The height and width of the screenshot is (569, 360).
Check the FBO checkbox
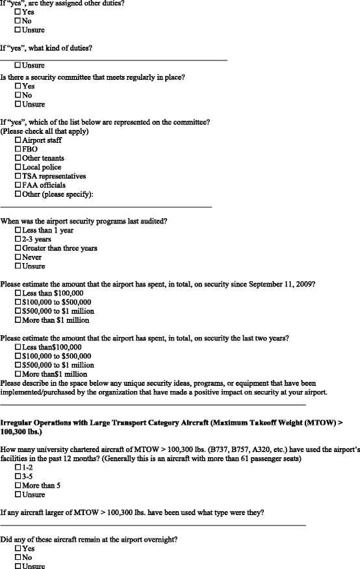[x=18, y=149]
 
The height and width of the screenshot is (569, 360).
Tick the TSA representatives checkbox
[x=18, y=176]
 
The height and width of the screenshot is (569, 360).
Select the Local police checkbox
[x=18, y=167]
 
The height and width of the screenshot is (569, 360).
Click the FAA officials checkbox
[x=18, y=185]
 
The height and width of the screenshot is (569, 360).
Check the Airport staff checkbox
[x=18, y=140]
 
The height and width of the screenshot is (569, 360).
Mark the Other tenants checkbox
[x=18, y=158]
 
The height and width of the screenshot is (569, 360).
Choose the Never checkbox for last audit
[x=18, y=257]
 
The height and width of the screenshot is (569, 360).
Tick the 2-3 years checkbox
[x=18, y=239]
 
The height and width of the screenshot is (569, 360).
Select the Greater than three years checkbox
[x=18, y=248]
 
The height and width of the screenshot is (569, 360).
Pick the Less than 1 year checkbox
[x=18, y=230]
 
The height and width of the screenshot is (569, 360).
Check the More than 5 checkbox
[x=18, y=485]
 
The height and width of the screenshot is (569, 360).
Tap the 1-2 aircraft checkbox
[x=18, y=467]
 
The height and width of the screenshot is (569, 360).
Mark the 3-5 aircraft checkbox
[x=18, y=476]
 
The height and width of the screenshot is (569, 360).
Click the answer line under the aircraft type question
[x=153, y=524]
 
